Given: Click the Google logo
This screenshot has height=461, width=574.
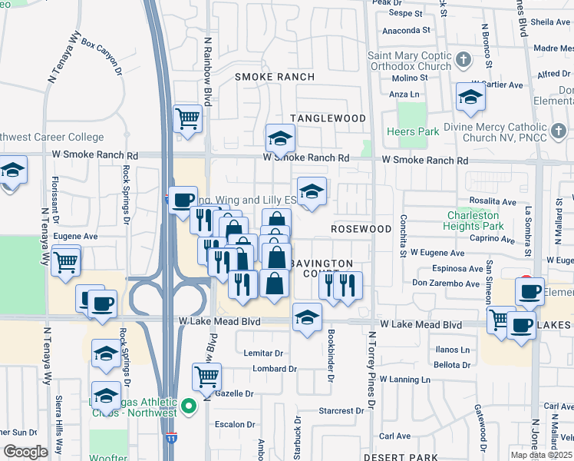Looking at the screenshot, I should [x=25, y=452].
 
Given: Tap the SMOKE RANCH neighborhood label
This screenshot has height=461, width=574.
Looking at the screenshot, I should [x=274, y=77].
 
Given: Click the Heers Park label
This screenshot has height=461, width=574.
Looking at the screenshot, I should [x=414, y=132].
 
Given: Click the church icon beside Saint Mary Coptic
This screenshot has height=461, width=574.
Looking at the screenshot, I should [x=463, y=59].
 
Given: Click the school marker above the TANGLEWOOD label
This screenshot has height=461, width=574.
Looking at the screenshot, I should [x=280, y=139].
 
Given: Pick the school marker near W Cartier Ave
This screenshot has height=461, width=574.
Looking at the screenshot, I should [x=470, y=97].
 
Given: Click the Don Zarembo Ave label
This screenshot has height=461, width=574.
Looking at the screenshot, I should [x=446, y=284].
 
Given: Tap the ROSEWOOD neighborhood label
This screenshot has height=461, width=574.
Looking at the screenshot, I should [x=361, y=230].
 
